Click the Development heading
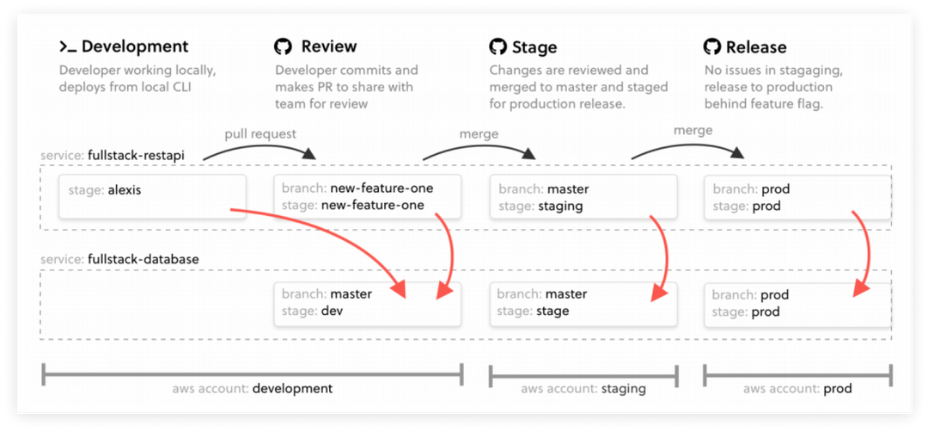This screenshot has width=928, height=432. pos(134,46)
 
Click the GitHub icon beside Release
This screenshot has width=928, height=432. pos(712,46)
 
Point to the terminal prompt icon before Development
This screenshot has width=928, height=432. pos(68,46)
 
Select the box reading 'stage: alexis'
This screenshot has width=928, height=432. pos(152,197)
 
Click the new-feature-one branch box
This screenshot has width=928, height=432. pos(367,197)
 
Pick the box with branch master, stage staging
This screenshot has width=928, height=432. pos(583,197)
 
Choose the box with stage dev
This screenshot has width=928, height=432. pos(367,303)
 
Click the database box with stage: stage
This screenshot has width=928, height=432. pos(583,303)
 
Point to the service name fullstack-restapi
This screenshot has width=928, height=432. pos(141,155)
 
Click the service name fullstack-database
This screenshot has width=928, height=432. pos(145,258)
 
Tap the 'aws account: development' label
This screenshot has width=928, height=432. pos(253,389)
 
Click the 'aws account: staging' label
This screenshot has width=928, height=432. pos(583,389)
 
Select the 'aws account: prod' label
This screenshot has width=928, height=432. pos(798,389)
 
